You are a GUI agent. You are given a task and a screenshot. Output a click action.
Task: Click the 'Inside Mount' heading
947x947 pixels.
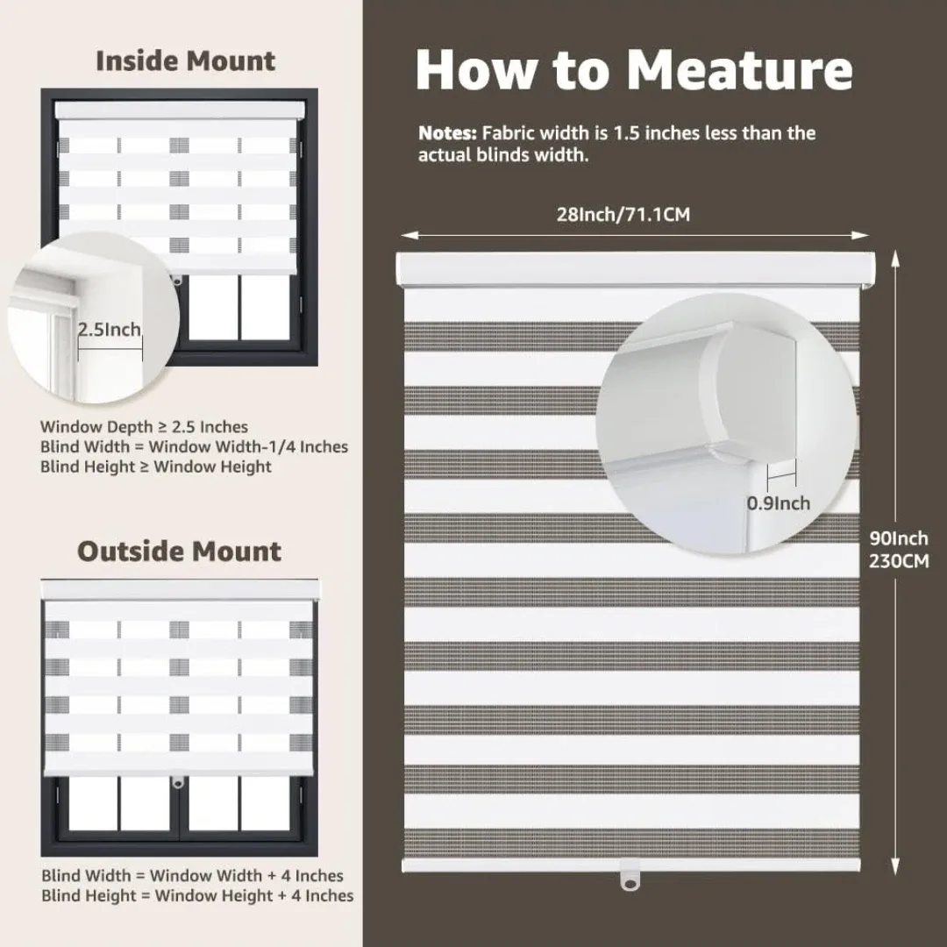tap(185, 61)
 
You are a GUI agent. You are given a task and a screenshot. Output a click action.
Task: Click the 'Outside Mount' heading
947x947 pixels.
tap(180, 552)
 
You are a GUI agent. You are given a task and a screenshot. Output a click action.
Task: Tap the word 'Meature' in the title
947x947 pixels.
tap(738, 70)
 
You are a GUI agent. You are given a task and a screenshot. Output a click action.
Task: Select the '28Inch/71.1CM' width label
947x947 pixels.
tap(623, 214)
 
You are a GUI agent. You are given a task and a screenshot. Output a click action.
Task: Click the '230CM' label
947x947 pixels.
tap(899, 561)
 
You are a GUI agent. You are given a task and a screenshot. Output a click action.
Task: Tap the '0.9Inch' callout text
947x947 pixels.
tap(778, 503)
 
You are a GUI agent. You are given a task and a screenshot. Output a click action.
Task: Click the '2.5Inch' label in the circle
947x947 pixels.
tap(110, 330)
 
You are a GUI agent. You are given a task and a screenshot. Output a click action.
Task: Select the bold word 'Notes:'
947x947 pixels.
tap(447, 134)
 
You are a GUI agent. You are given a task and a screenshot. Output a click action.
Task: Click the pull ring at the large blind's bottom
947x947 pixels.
tap(627, 874)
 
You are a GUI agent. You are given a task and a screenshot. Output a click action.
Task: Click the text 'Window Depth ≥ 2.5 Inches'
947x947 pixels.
tap(144, 427)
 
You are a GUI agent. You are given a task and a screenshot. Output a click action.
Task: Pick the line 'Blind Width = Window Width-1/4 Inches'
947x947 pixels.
tap(194, 447)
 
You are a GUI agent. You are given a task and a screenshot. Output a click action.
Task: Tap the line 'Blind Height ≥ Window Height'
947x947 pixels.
tap(156, 467)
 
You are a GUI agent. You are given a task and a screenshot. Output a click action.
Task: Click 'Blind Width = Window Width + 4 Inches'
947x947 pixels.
tap(192, 875)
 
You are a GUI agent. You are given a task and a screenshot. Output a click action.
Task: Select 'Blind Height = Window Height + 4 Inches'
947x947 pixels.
tap(197, 895)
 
